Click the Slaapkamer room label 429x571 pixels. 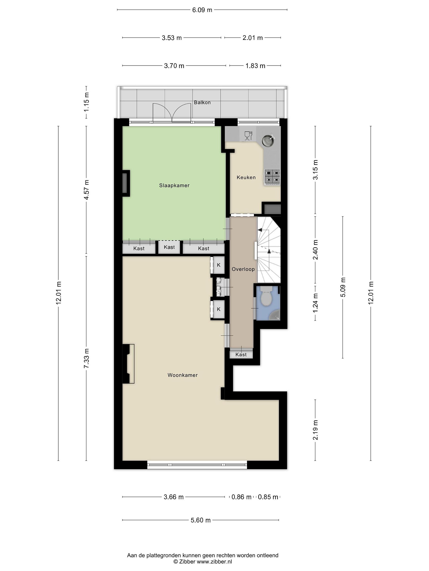pos(174,185)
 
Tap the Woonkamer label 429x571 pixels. pos(183,375)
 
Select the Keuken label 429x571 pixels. pos(246,177)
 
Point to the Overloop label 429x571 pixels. pos(243,269)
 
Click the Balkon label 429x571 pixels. pos(202,103)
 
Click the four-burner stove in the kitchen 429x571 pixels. pos(272,177)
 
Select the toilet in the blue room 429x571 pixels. pos(267,296)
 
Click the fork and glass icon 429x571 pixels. pos(248,136)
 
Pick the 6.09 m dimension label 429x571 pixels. pos(202,10)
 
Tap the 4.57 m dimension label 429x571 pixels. pos(86,190)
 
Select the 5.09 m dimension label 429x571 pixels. pos(343,287)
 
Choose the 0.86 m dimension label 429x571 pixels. pos(241,497)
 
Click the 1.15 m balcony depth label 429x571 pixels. pos(86,102)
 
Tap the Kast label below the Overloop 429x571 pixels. pos(241,355)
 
